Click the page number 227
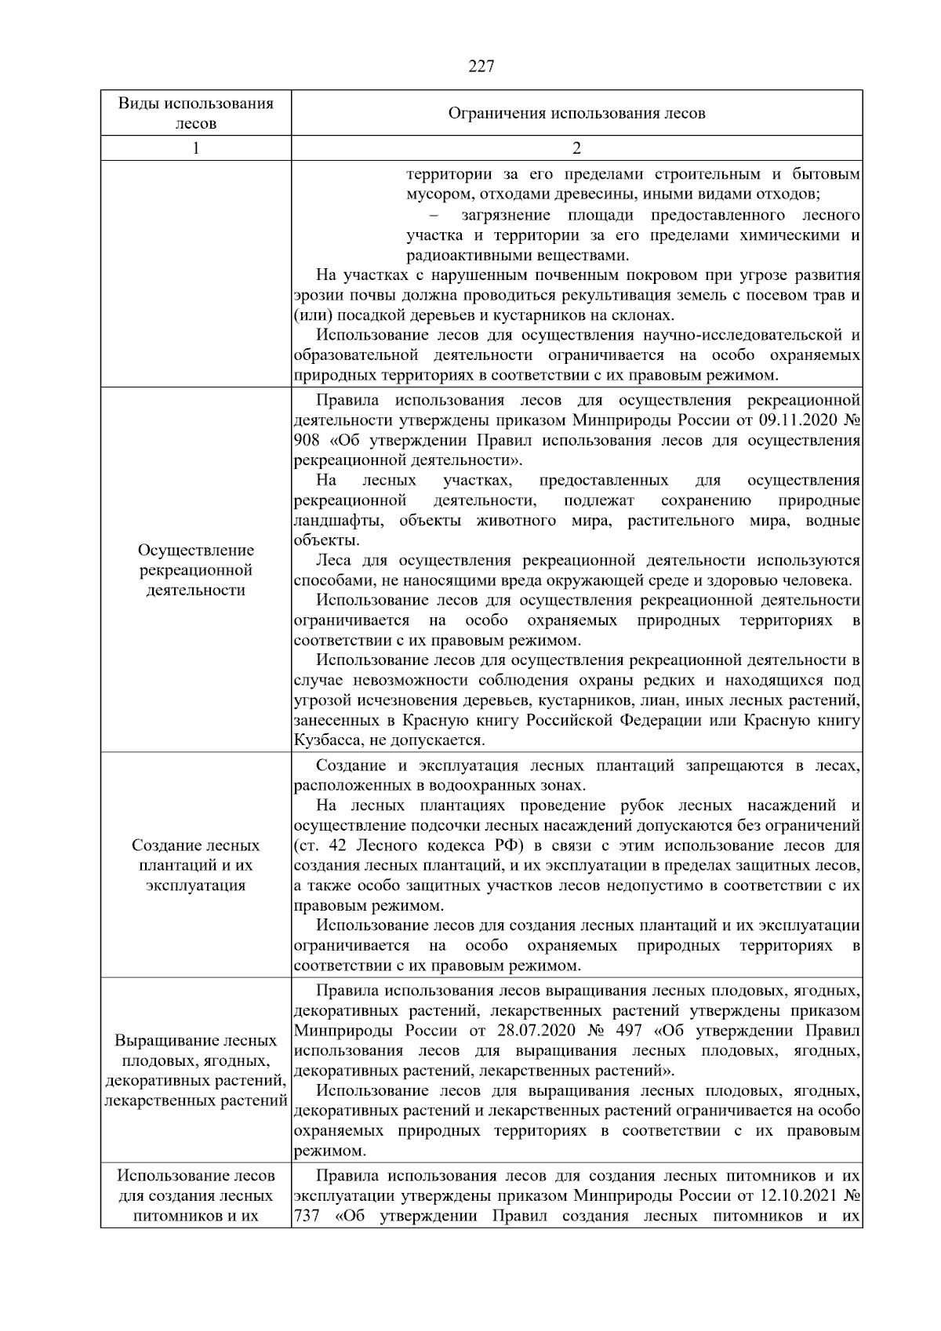coord(481,67)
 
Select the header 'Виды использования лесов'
coord(195,113)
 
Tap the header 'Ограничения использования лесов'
coord(576,113)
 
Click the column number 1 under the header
coord(195,148)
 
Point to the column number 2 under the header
coord(576,148)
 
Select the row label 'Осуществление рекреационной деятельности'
coord(195,570)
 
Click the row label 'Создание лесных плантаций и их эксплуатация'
coord(195,866)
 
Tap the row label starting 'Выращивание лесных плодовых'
coord(195,1071)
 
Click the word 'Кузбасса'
coord(325,740)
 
